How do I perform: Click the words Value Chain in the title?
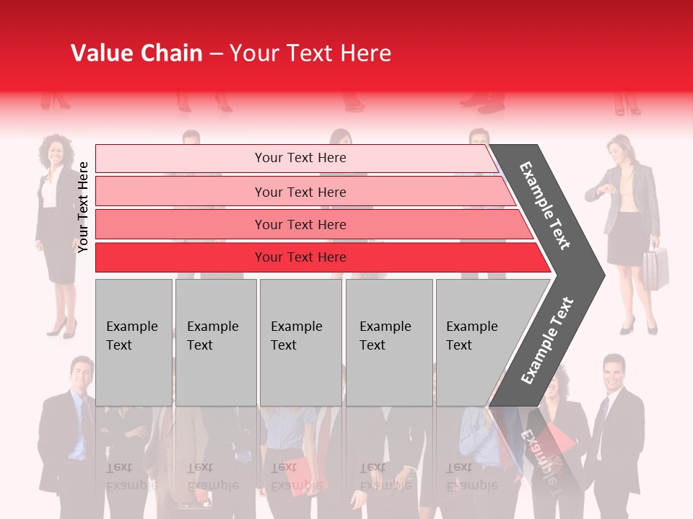[x=136, y=53]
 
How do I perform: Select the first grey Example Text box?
[x=134, y=342]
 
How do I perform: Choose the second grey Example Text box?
[x=215, y=342]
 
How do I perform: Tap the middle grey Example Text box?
[x=300, y=342]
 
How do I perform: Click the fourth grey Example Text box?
[x=389, y=342]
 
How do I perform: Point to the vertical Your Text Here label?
[x=83, y=207]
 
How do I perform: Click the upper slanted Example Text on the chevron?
[x=546, y=205]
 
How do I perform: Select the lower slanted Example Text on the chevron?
[x=547, y=340]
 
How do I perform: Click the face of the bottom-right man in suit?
[x=613, y=371]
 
